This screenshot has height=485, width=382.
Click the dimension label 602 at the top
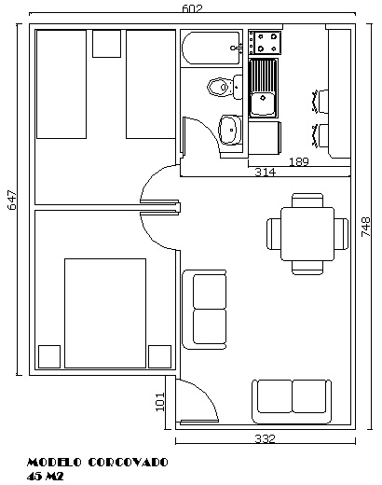(192, 8)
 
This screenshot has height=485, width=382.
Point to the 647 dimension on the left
(12, 201)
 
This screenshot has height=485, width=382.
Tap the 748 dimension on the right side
(366, 227)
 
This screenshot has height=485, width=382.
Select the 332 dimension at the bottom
(265, 438)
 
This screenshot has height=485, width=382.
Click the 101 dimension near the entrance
(159, 402)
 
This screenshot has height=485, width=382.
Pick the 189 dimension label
(299, 161)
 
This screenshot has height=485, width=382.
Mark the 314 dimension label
(265, 172)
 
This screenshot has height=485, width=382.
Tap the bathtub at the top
(211, 48)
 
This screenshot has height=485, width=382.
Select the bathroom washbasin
(230, 130)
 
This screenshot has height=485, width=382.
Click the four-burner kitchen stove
(265, 42)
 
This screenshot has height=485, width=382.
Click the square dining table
(307, 234)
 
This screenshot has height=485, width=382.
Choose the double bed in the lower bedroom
(105, 313)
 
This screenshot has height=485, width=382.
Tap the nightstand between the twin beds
(106, 44)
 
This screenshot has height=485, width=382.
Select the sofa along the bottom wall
(292, 401)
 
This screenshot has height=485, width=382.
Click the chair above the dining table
(307, 201)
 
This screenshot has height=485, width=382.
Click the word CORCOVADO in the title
(129, 463)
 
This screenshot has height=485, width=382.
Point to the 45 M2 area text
(45, 476)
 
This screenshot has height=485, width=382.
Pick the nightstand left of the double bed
(49, 356)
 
